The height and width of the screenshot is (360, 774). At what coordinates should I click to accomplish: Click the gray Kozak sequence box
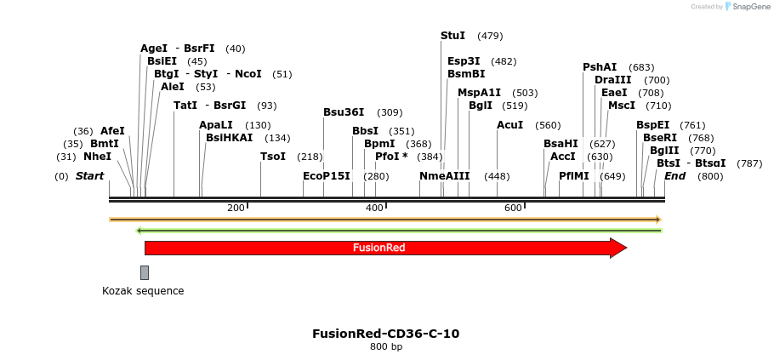click(145, 272)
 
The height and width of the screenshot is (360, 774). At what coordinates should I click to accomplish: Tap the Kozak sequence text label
click(143, 291)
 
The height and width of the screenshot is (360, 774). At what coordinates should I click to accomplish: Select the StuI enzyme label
click(452, 36)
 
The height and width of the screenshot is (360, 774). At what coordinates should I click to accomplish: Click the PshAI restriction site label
click(600, 67)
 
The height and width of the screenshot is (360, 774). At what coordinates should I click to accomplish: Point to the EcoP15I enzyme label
click(327, 176)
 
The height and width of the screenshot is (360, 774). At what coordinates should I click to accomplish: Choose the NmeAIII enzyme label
click(444, 176)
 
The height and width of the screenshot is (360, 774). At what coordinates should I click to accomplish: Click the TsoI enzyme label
click(273, 157)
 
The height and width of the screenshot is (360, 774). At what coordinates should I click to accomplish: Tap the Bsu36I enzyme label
click(344, 112)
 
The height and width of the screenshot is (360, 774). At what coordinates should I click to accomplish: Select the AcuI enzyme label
click(509, 125)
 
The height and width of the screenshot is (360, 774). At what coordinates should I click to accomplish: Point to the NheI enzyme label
click(97, 157)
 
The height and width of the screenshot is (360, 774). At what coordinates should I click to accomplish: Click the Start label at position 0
click(89, 176)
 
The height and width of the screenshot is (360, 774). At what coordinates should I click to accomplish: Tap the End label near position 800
click(674, 176)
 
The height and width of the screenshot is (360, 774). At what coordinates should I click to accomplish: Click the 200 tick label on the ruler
click(236, 209)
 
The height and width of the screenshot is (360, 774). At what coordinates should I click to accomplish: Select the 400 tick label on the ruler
click(374, 209)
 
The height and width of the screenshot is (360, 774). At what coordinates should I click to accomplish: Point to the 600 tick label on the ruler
click(513, 209)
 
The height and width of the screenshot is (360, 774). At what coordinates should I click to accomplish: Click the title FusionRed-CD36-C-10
click(386, 334)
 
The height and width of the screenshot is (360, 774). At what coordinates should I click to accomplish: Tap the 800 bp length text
click(386, 347)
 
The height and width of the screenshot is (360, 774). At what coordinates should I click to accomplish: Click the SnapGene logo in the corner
click(747, 7)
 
